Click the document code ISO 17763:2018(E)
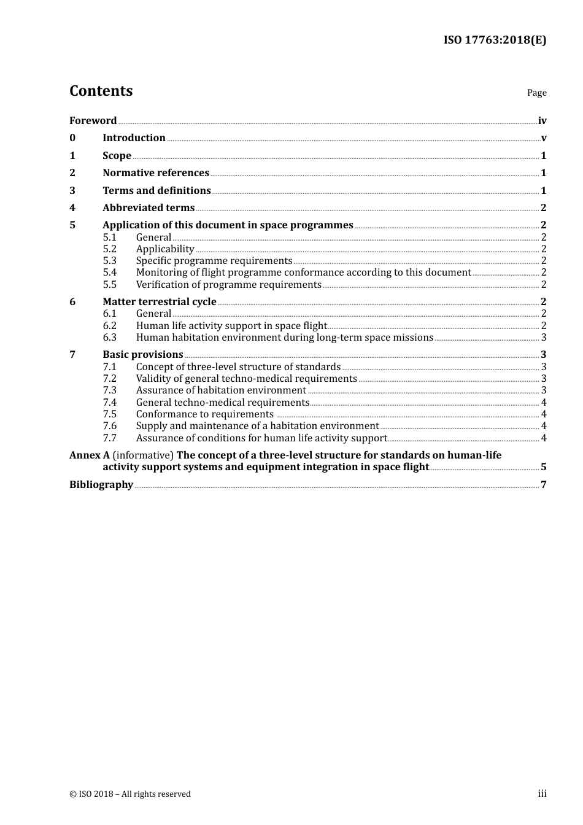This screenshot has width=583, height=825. pyautogui.click(x=495, y=41)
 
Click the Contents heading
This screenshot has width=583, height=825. pyautogui.click(x=101, y=91)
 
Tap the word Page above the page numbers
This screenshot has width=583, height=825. pyautogui.click(x=536, y=93)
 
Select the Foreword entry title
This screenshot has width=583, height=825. pyautogui.click(x=93, y=121)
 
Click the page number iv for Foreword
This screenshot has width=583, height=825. pyautogui.click(x=542, y=121)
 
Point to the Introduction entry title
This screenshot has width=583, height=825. pyautogui.click(x=134, y=138)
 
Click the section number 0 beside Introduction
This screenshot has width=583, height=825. pyautogui.click(x=72, y=138)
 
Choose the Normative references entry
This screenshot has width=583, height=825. pyautogui.click(x=156, y=173)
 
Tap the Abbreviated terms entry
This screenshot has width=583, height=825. pyautogui.click(x=149, y=208)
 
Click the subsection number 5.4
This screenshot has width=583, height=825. pyautogui.click(x=109, y=273)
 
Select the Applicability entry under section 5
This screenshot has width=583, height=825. pyautogui.click(x=165, y=249)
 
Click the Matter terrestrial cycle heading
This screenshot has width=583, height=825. pyautogui.click(x=160, y=302)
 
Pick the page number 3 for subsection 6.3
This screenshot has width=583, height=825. pyautogui.click(x=544, y=338)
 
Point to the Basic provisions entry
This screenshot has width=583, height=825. pyautogui.click(x=143, y=355)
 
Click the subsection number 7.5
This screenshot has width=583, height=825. pyautogui.click(x=109, y=414)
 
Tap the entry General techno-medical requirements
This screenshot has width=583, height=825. pyautogui.click(x=223, y=403)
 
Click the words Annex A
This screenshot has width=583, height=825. pyautogui.click(x=90, y=455)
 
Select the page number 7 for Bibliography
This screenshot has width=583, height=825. pyautogui.click(x=544, y=485)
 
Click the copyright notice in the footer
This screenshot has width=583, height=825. pyautogui.click(x=130, y=794)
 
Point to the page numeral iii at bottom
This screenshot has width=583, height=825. pyautogui.click(x=542, y=794)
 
